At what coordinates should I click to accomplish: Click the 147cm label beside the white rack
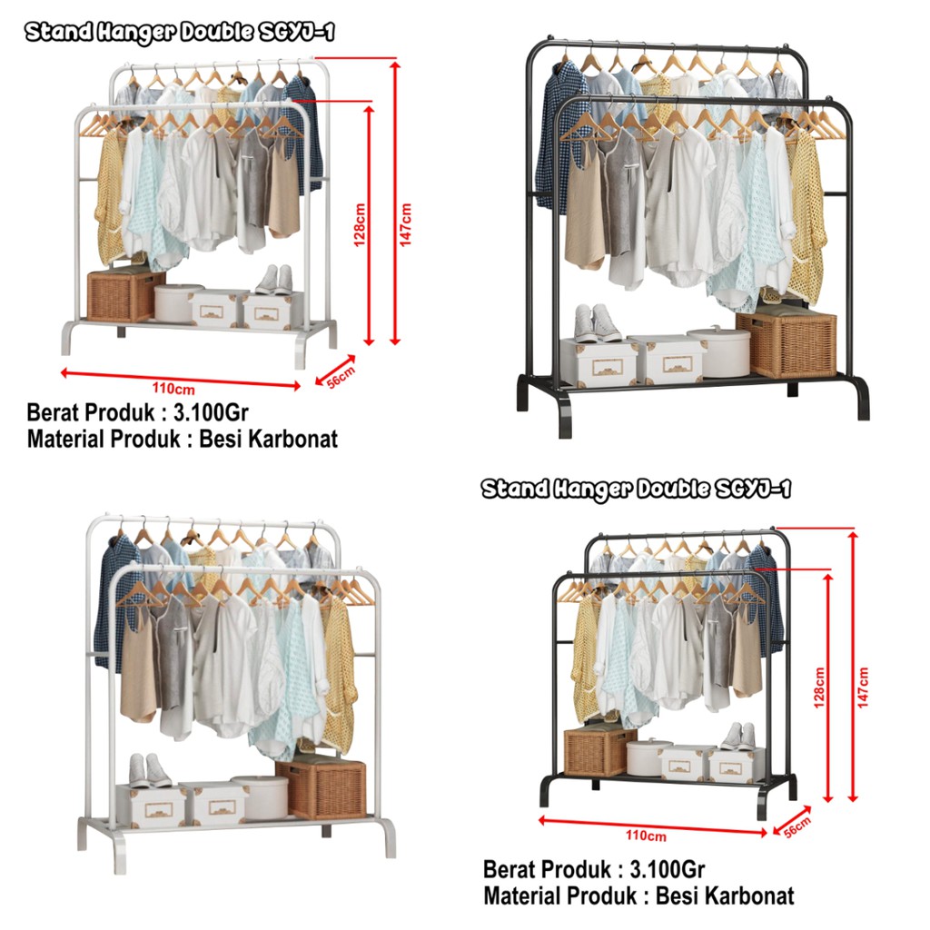[x=406, y=223]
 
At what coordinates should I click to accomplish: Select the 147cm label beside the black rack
[x=863, y=688]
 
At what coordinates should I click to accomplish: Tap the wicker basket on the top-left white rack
[x=125, y=294]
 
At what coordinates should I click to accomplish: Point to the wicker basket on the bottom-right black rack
[x=599, y=751]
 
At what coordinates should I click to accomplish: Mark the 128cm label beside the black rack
[x=819, y=688]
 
